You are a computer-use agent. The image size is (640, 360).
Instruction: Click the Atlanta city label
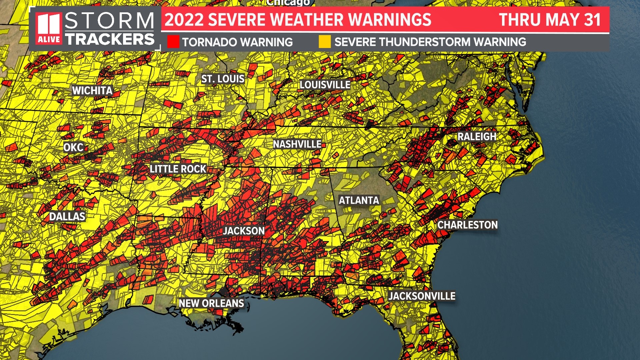[x=359, y=200]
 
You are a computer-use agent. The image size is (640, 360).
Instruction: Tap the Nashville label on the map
[x=297, y=144]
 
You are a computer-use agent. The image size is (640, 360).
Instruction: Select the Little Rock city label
[x=178, y=169]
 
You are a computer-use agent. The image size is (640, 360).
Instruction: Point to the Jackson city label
[x=244, y=231]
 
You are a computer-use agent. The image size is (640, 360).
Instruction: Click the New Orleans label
[x=212, y=303]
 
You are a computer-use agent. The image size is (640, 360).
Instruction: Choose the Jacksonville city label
[x=422, y=296]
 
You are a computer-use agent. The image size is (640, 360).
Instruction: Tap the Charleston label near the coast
[x=467, y=225]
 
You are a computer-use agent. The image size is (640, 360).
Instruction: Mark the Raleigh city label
[x=477, y=137]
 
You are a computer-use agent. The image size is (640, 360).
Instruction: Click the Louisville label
[x=325, y=85]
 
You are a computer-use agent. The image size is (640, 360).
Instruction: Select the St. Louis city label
[x=223, y=79]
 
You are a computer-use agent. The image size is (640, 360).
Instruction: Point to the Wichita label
[x=92, y=90]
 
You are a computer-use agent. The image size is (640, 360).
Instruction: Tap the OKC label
[x=73, y=147]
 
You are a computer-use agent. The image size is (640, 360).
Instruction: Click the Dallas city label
[x=67, y=217]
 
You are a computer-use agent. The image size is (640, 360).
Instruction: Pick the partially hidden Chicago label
[x=288, y=3]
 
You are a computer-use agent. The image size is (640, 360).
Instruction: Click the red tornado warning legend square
[x=173, y=42]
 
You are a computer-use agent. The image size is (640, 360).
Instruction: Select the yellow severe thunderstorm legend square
[x=325, y=42]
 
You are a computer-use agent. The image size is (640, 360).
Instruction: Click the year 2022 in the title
[x=184, y=20]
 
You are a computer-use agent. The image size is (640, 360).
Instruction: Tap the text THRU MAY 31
[x=550, y=20]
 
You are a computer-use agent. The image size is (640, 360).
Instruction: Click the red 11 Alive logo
[x=49, y=29]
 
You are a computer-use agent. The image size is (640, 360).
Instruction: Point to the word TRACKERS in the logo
[x=110, y=39]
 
